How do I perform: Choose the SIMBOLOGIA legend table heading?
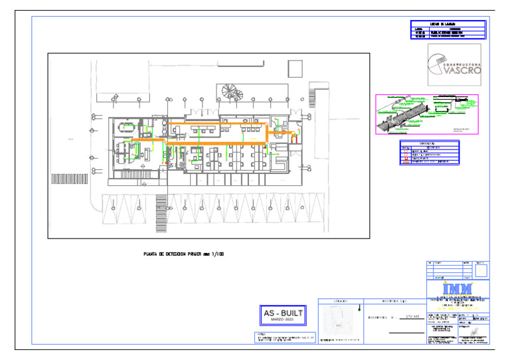coord(429,143)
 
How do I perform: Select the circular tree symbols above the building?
coord(230,91)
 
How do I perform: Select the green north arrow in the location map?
coord(360,308)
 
